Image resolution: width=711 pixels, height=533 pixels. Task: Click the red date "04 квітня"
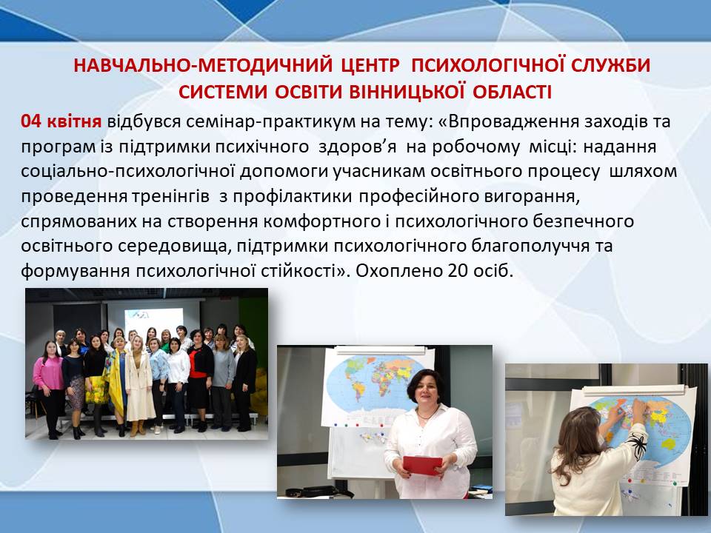(61, 122)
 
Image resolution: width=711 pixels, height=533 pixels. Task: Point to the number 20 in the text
(458, 271)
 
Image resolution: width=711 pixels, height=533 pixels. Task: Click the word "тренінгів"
(171, 197)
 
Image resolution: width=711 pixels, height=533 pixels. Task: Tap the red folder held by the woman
(422, 466)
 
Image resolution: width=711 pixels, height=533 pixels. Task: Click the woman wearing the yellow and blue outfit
(116, 385)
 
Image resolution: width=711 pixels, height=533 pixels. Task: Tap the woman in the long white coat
(139, 386)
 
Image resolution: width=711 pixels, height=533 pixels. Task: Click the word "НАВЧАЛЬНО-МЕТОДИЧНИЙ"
(203, 65)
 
